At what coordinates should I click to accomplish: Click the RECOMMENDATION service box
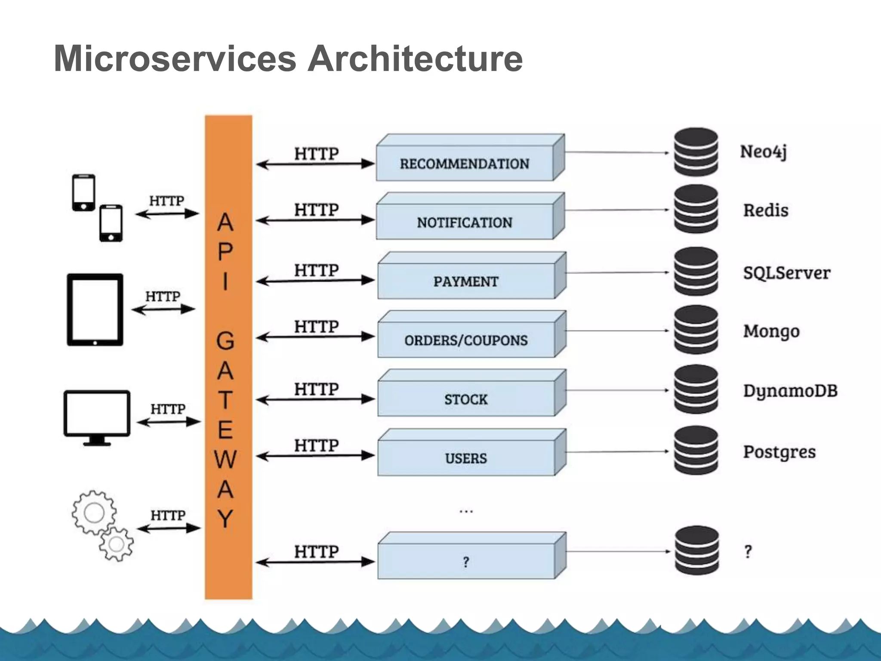click(465, 163)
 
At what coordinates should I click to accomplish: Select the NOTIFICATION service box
click(465, 222)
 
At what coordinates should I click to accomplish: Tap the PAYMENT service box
click(466, 281)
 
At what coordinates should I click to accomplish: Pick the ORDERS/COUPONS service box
click(466, 340)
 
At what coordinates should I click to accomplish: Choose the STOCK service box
click(466, 399)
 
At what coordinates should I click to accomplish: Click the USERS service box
click(466, 458)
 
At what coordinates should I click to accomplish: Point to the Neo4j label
click(763, 152)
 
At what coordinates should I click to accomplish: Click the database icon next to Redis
click(696, 209)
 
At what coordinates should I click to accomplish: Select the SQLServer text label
click(786, 273)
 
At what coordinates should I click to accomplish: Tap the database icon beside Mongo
click(696, 330)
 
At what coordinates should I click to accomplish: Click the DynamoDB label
click(790, 391)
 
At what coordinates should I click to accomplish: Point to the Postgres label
click(779, 452)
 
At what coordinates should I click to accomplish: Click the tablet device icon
click(95, 309)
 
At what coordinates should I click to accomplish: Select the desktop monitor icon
click(97, 417)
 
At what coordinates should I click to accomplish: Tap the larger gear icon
click(94, 513)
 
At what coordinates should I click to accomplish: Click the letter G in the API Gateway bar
click(225, 341)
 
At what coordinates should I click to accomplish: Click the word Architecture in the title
click(415, 59)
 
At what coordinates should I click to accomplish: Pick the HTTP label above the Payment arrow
click(317, 270)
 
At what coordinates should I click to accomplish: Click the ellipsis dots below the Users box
click(466, 512)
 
